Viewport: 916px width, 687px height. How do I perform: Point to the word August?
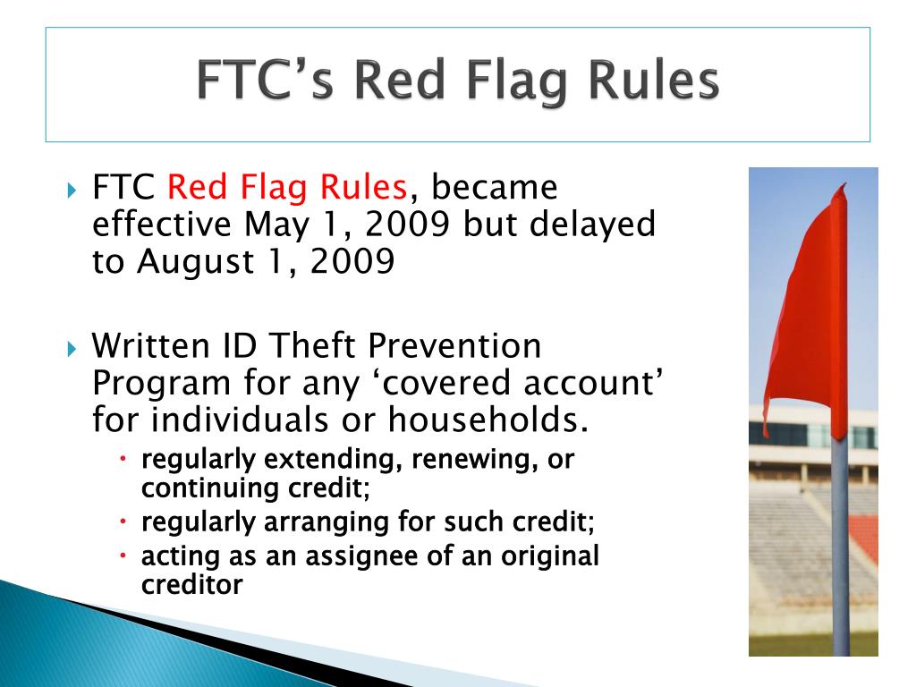tap(196, 263)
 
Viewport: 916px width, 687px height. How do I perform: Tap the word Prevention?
tap(454, 346)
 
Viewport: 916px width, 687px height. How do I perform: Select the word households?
tap(488, 420)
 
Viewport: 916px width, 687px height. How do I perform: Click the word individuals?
tap(241, 420)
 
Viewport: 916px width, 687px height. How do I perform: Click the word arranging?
tap(326, 522)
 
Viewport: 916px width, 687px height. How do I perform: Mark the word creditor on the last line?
tap(191, 585)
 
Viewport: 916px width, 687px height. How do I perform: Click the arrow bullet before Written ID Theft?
tap(72, 349)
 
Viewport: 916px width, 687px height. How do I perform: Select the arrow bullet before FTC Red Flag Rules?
tap(72, 190)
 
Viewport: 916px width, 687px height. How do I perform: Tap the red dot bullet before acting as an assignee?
tap(123, 555)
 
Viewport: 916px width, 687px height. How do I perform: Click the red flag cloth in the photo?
tap(809, 316)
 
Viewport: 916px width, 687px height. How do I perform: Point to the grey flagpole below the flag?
tap(840, 547)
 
